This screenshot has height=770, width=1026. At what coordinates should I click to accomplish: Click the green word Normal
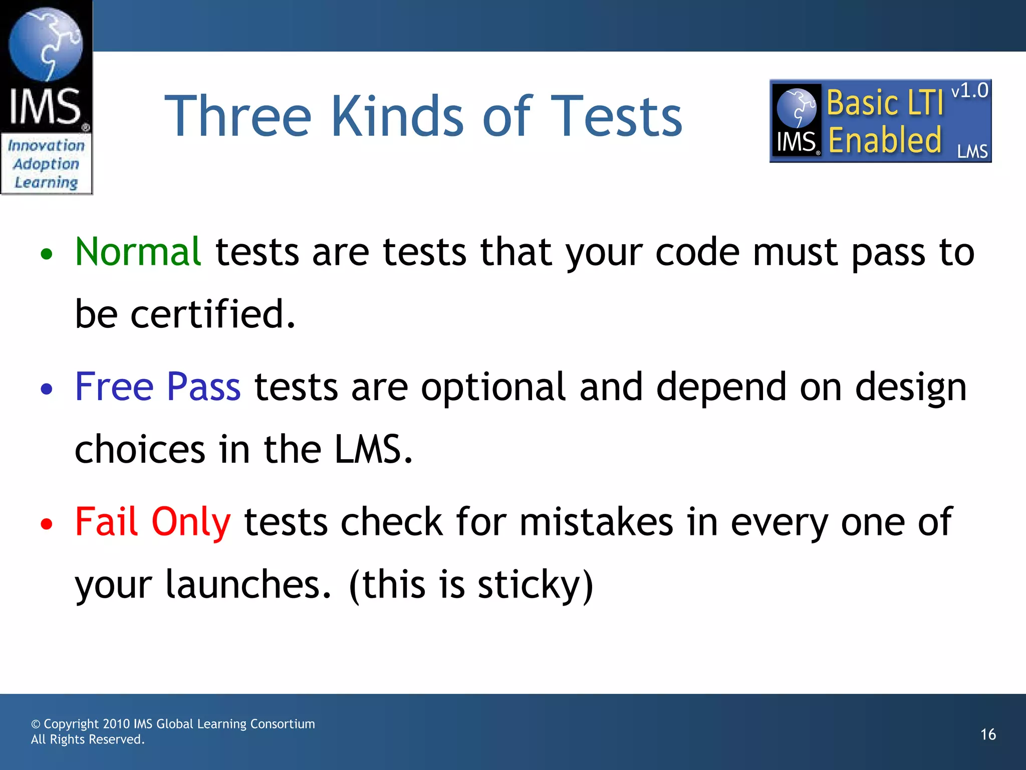pyautogui.click(x=138, y=252)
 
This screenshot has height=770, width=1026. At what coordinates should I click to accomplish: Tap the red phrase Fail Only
pyautogui.click(x=153, y=522)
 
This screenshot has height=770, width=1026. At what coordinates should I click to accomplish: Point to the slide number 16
pyautogui.click(x=988, y=734)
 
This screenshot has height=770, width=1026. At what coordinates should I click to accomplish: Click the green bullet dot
pyautogui.click(x=47, y=254)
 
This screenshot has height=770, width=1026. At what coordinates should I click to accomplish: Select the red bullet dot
pyautogui.click(x=47, y=524)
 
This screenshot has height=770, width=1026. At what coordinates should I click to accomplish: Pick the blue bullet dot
pyautogui.click(x=47, y=389)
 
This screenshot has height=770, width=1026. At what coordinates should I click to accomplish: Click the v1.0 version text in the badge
pyautogui.click(x=969, y=91)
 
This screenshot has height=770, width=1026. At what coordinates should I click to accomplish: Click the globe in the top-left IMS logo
pyautogui.click(x=46, y=44)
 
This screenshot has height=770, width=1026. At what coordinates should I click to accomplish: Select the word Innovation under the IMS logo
pyautogui.click(x=46, y=145)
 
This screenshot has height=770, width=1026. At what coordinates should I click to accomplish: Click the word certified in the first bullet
pyautogui.click(x=212, y=314)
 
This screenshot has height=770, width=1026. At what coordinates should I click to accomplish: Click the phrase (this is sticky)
pyautogui.click(x=471, y=585)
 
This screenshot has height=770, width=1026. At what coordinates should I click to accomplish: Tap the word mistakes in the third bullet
pyautogui.click(x=596, y=522)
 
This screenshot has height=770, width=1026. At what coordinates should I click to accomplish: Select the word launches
pyautogui.click(x=248, y=585)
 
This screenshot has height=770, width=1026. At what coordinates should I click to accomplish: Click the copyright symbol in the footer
pyautogui.click(x=36, y=724)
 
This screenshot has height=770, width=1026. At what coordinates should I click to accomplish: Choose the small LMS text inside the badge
pyautogui.click(x=972, y=151)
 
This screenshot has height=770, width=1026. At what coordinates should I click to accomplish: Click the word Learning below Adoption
pyautogui.click(x=46, y=182)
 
